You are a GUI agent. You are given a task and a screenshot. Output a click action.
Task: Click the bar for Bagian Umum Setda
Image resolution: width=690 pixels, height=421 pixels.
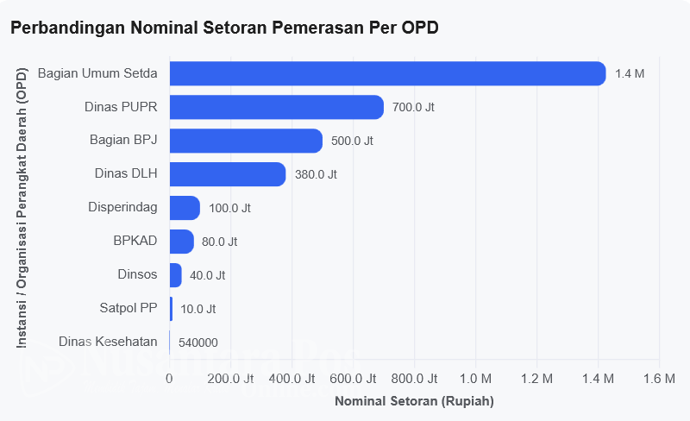pos(387,73)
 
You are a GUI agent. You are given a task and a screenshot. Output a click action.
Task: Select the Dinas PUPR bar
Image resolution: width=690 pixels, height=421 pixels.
pos(277,107)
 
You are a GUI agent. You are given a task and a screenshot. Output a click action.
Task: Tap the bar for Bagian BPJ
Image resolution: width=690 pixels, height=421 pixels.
pos(246,141)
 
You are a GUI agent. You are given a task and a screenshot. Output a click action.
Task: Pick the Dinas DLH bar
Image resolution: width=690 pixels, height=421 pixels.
pos(228,174)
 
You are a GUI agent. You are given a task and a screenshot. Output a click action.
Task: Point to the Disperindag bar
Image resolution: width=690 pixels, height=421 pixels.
pos(185,208)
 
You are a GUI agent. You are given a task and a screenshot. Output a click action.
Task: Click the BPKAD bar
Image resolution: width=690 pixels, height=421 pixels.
pos(182,242)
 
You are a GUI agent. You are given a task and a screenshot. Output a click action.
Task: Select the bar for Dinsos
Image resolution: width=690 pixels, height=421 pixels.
pos(176,275)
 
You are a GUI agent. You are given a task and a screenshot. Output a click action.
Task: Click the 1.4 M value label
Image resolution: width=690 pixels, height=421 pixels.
pos(630,73)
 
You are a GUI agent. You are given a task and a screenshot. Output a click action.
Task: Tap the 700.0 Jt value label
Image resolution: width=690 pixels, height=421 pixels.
pos(413,107)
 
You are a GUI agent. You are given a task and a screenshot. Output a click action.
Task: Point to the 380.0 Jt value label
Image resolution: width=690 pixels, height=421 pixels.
pos(316,174)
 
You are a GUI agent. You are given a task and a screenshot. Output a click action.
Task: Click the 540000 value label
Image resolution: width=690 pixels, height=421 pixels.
pos(198,342)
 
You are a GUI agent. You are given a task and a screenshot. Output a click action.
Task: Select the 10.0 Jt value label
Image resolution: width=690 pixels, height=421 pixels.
pos(198,309)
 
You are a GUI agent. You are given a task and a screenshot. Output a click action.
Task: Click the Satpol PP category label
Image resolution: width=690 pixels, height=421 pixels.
pos(129,307)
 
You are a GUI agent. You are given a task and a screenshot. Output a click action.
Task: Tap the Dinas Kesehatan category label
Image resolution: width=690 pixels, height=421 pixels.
pos(108,342)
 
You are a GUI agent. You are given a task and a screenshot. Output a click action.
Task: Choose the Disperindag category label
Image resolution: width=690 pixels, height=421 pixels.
pos(122,207)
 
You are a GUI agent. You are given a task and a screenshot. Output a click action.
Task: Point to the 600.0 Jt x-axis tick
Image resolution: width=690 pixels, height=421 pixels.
pos(353,379)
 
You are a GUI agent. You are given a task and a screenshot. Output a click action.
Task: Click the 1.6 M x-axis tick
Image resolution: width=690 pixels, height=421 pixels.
pos(659,379)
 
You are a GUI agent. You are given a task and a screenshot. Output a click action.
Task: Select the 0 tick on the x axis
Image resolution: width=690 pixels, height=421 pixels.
pos(169,379)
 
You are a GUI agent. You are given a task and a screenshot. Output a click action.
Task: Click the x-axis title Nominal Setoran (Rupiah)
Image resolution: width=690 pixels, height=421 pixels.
pos(415,401)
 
